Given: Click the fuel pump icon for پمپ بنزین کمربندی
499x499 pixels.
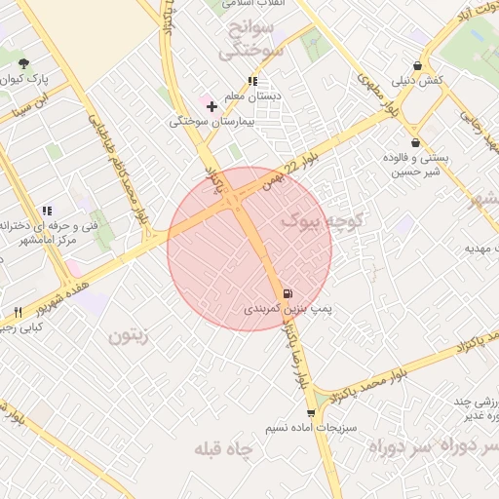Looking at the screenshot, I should click(287, 293).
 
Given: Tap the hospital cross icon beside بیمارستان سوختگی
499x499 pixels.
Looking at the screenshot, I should click(211, 105).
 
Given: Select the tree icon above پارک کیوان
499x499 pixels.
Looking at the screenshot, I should click(23, 63).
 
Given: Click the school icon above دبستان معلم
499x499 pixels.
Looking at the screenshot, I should click(252, 82).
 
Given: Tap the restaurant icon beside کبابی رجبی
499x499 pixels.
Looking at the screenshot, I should click(18, 312).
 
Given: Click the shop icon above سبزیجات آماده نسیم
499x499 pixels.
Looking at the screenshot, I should click(311, 413).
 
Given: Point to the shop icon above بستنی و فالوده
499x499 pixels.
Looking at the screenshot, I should click(416, 142).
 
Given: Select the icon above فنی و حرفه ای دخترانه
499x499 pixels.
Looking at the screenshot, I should click(47, 210).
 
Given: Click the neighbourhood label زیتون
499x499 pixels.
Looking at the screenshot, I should click(128, 337).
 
